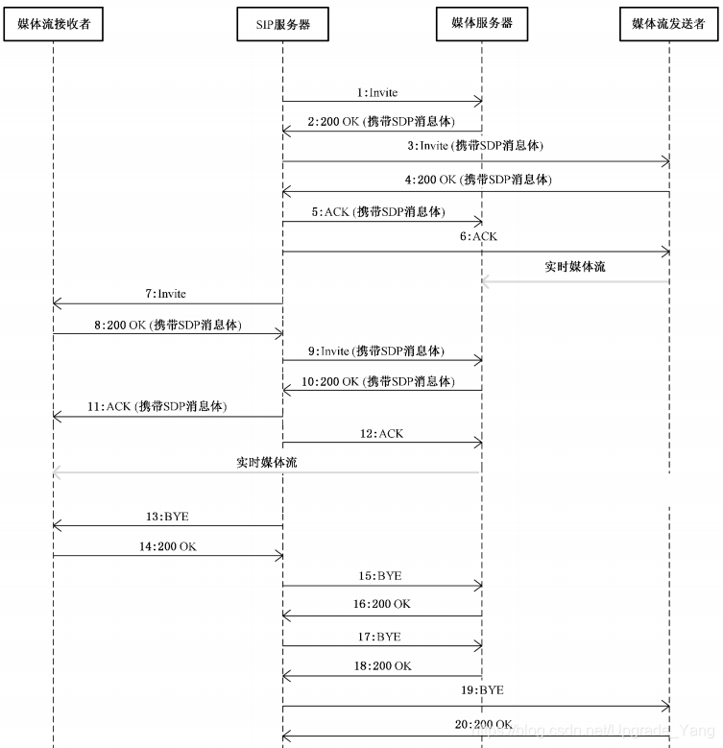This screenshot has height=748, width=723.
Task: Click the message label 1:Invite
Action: click(x=376, y=93)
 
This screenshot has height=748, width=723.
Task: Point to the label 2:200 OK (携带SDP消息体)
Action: click(x=381, y=123)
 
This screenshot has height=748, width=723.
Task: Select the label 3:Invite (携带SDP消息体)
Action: click(x=474, y=146)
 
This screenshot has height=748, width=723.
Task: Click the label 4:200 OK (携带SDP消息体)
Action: click(x=478, y=180)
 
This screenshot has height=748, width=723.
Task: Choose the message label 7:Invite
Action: click(x=166, y=294)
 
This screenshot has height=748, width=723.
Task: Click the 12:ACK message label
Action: click(x=381, y=434)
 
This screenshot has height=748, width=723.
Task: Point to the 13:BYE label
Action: click(x=167, y=517)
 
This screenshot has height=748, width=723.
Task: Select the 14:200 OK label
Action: click(x=167, y=546)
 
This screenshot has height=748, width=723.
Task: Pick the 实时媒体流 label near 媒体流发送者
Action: click(x=575, y=266)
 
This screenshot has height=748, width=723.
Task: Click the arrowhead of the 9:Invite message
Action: click(x=478, y=361)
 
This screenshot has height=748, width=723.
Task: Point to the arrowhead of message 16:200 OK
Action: click(x=286, y=615)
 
